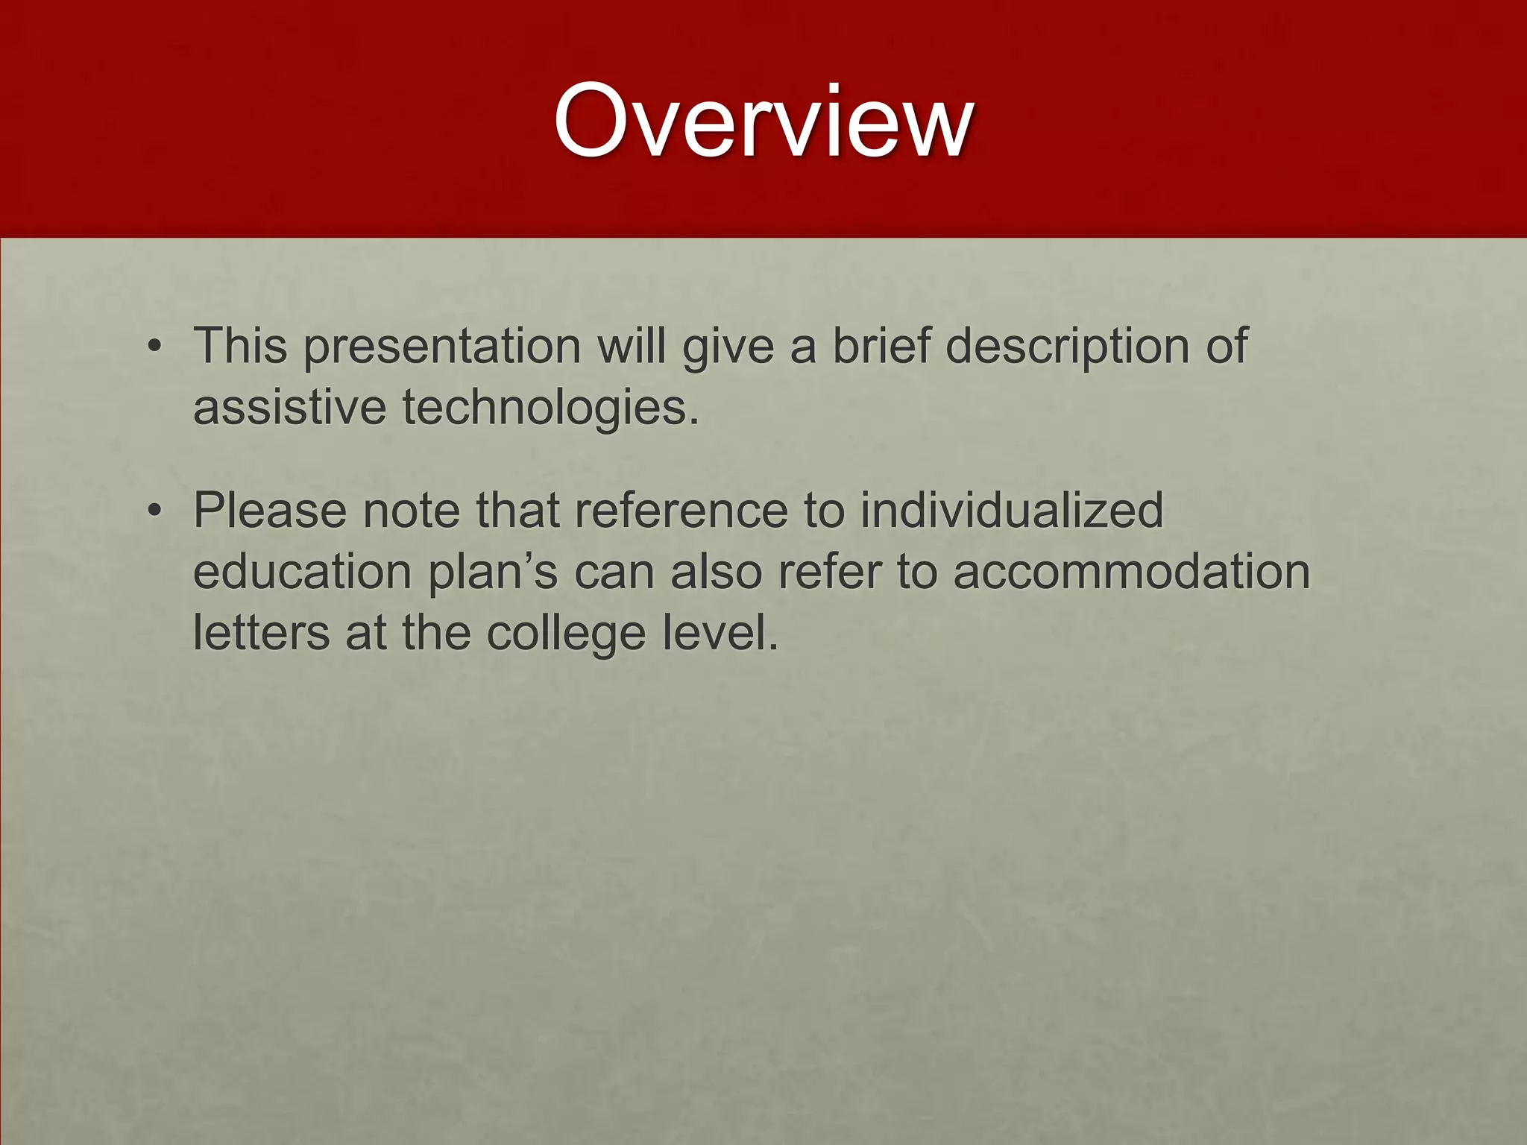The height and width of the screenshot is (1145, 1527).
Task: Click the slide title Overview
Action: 763,121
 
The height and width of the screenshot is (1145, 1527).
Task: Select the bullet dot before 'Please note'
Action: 154,511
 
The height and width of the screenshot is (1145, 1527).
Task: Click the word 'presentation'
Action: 442,347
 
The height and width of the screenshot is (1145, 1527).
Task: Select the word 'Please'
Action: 270,511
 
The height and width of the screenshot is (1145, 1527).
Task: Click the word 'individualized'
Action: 1012,511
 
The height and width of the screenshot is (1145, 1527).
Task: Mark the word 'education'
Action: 303,572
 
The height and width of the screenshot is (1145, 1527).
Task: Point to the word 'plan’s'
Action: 493,572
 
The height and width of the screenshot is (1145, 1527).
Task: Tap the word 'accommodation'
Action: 1131,572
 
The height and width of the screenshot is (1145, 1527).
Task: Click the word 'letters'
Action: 261,633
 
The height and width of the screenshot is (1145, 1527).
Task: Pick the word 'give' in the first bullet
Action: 728,347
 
